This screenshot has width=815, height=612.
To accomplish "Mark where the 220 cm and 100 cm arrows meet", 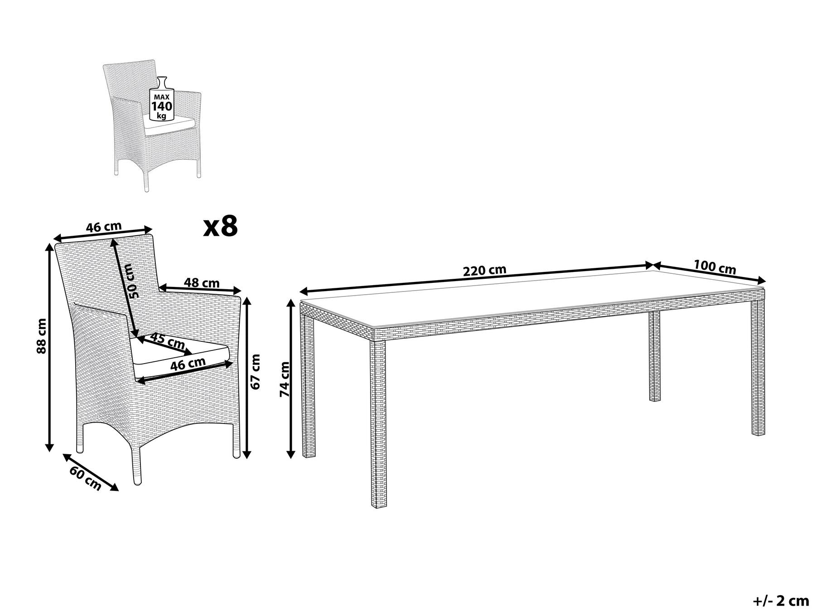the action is pyautogui.click(x=652, y=265).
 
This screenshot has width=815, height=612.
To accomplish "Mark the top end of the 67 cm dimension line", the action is pyautogui.click(x=246, y=298).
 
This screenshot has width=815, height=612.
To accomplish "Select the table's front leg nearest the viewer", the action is pyautogui.click(x=377, y=423).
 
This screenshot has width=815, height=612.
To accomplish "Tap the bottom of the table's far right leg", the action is pyautogui.click(x=758, y=434).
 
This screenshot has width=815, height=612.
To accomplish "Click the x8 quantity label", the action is pyautogui.click(x=221, y=226).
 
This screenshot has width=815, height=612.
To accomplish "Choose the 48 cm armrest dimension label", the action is pyautogui.click(x=202, y=283).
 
